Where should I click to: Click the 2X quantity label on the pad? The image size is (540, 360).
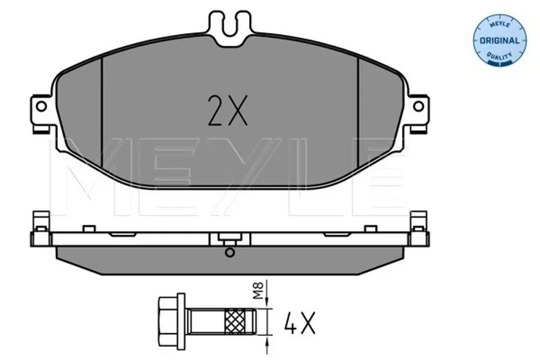click(x=227, y=110)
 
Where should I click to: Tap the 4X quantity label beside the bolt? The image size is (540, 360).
click(x=300, y=323)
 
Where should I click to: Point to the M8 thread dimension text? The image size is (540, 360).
click(x=259, y=290)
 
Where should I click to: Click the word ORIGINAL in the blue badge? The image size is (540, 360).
click(x=500, y=41)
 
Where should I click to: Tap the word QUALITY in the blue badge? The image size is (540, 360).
click(x=500, y=55)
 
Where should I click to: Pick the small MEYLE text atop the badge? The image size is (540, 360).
click(x=500, y=25)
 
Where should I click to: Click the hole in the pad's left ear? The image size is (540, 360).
click(x=41, y=107)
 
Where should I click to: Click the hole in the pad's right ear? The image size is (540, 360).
click(x=418, y=106)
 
